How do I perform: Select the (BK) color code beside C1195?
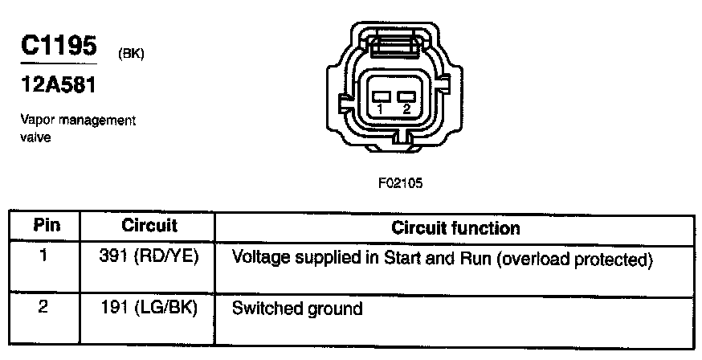pyautogui.click(x=130, y=55)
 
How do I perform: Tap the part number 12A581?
pyautogui.click(x=54, y=84)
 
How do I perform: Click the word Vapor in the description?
pyautogui.click(x=35, y=121)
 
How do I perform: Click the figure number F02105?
pyautogui.click(x=400, y=182)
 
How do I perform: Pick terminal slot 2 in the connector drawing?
pyautogui.click(x=405, y=96)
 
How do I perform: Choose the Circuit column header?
pyautogui.click(x=149, y=226)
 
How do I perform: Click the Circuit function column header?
pyautogui.click(x=455, y=227)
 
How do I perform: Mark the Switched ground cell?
pyautogui.click(x=297, y=308)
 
